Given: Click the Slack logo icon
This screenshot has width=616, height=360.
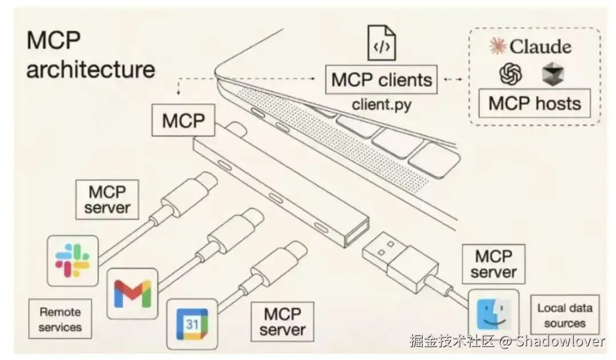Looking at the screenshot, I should (72, 260).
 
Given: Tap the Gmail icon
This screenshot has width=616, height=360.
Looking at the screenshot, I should (132, 293).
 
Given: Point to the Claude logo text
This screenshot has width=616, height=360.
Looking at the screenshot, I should (530, 46).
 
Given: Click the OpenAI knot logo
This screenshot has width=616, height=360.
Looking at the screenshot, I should (510, 74).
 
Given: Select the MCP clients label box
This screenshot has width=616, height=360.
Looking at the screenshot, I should (382, 79).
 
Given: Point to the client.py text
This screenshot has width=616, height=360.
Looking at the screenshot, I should (381, 104).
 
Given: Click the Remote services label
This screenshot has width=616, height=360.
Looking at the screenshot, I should (60, 319).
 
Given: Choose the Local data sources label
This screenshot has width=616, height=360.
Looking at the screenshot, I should (564, 315).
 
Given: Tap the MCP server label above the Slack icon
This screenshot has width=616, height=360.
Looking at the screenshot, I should (107, 199).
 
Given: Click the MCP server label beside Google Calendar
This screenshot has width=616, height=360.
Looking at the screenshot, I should (282, 322).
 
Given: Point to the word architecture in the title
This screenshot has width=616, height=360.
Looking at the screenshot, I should (91, 69).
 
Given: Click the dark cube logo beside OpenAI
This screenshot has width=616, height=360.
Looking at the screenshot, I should (553, 74).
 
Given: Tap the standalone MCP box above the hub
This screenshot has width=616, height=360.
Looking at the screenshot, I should (184, 121).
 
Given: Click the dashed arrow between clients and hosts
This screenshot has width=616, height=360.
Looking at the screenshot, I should (452, 79).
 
